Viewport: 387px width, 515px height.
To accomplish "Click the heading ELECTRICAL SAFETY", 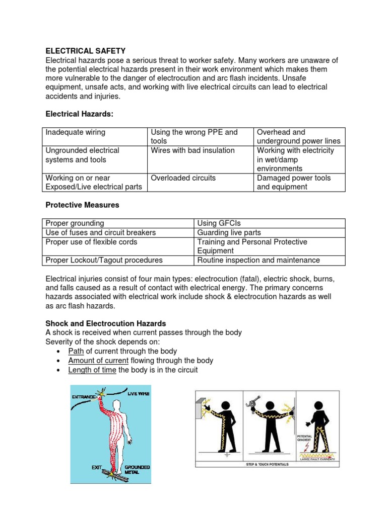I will [86, 51].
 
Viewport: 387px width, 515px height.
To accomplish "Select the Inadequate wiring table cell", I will [76, 132].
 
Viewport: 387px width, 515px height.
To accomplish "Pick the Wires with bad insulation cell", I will [192, 150].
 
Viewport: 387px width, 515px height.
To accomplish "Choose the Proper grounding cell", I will [75, 223].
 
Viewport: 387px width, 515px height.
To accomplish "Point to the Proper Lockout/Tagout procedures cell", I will [104, 260].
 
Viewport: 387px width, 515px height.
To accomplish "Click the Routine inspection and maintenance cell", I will [259, 260].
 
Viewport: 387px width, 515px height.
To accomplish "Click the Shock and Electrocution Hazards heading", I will [106, 323].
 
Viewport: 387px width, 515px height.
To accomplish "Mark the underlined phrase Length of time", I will [92, 370].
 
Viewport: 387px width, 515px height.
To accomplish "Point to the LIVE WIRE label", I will [138, 393].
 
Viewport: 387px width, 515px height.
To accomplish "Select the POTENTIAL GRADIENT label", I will [305, 439].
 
